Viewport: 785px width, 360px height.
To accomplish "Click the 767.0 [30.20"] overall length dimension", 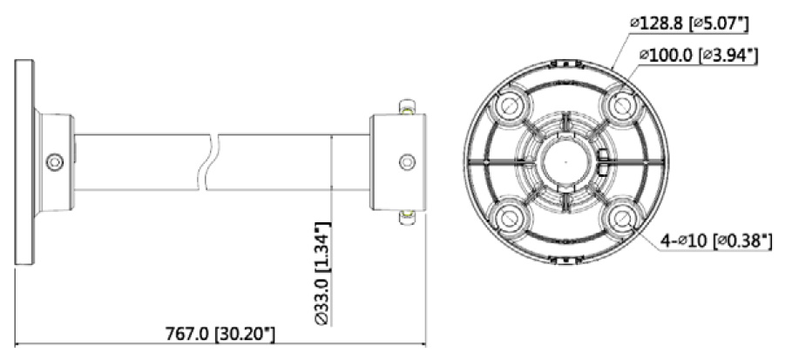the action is pyautogui.click(x=220, y=335).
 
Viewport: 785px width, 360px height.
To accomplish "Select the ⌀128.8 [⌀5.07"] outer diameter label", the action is pyautogui.click(x=689, y=24).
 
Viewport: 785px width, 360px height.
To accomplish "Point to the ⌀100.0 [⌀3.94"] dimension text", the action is pyautogui.click(x=698, y=55).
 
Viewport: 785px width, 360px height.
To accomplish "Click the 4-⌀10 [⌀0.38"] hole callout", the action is pyautogui.click(x=716, y=241).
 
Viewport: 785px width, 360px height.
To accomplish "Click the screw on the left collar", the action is pyautogui.click(x=55, y=162).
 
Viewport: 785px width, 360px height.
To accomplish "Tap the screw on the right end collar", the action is pyautogui.click(x=407, y=161).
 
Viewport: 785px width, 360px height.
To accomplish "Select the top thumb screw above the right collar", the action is pyautogui.click(x=408, y=106).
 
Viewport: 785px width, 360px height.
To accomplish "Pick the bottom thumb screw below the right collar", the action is pyautogui.click(x=408, y=217).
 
